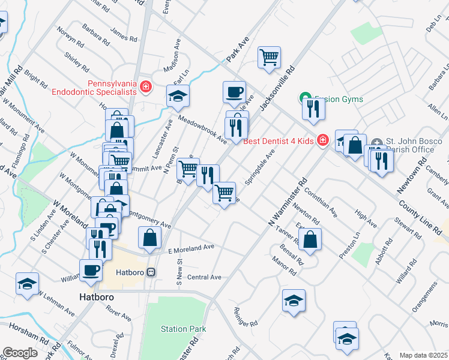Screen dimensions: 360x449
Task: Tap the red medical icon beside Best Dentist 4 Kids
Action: point(322,140)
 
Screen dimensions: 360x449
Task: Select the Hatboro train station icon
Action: point(152,272)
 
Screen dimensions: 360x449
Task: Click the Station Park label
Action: point(183,329)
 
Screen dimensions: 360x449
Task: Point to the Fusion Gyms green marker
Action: point(304,99)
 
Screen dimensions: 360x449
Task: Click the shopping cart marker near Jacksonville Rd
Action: point(270,58)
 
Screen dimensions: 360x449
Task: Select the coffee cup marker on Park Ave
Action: point(234,92)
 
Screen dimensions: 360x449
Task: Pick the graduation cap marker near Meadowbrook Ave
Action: point(178,96)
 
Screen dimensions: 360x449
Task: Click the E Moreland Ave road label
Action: point(191,247)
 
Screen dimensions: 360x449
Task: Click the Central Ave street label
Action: point(204,277)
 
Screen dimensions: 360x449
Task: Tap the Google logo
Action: point(20,353)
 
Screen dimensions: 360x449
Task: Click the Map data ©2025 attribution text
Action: point(423,355)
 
